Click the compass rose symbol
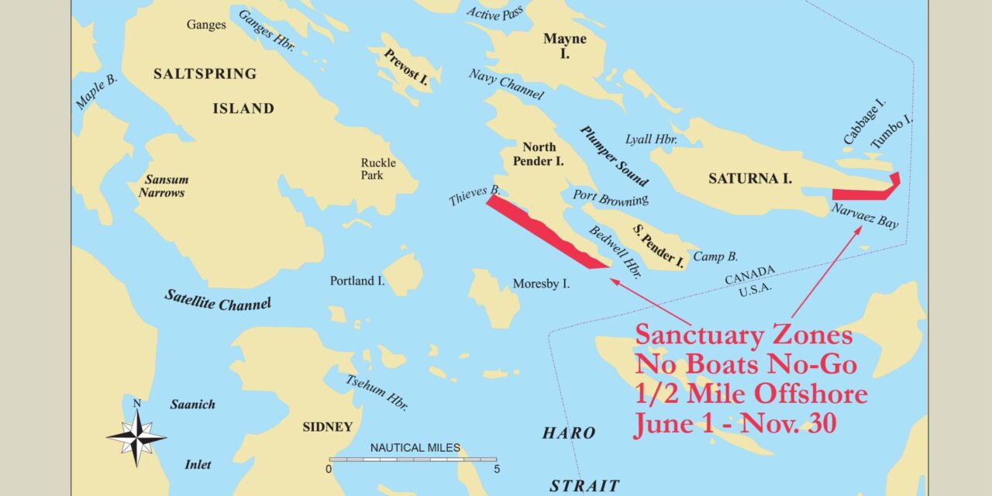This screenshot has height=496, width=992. point(136,436)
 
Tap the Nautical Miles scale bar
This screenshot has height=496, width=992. point(413,459)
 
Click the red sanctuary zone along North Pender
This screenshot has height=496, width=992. point(542,230)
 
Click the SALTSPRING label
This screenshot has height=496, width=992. point(205,74)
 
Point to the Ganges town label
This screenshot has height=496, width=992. point(206,25)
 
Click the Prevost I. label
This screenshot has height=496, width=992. point(407,67)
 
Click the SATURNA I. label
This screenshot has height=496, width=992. point(749,179)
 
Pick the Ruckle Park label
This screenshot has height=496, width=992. point(378,169)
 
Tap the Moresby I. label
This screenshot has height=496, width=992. point(541,284)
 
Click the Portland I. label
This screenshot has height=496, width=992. point(356,281)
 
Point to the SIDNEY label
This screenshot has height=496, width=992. point(328,427)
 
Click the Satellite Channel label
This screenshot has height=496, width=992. point(218,300)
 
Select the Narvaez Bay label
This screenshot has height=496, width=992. point(864,216)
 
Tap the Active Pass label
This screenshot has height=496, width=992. point(494,12)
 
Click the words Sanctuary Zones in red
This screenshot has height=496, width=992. point(743,336)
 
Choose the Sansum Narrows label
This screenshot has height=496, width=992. point(162,186)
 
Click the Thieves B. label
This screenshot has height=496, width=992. point(474,195)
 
